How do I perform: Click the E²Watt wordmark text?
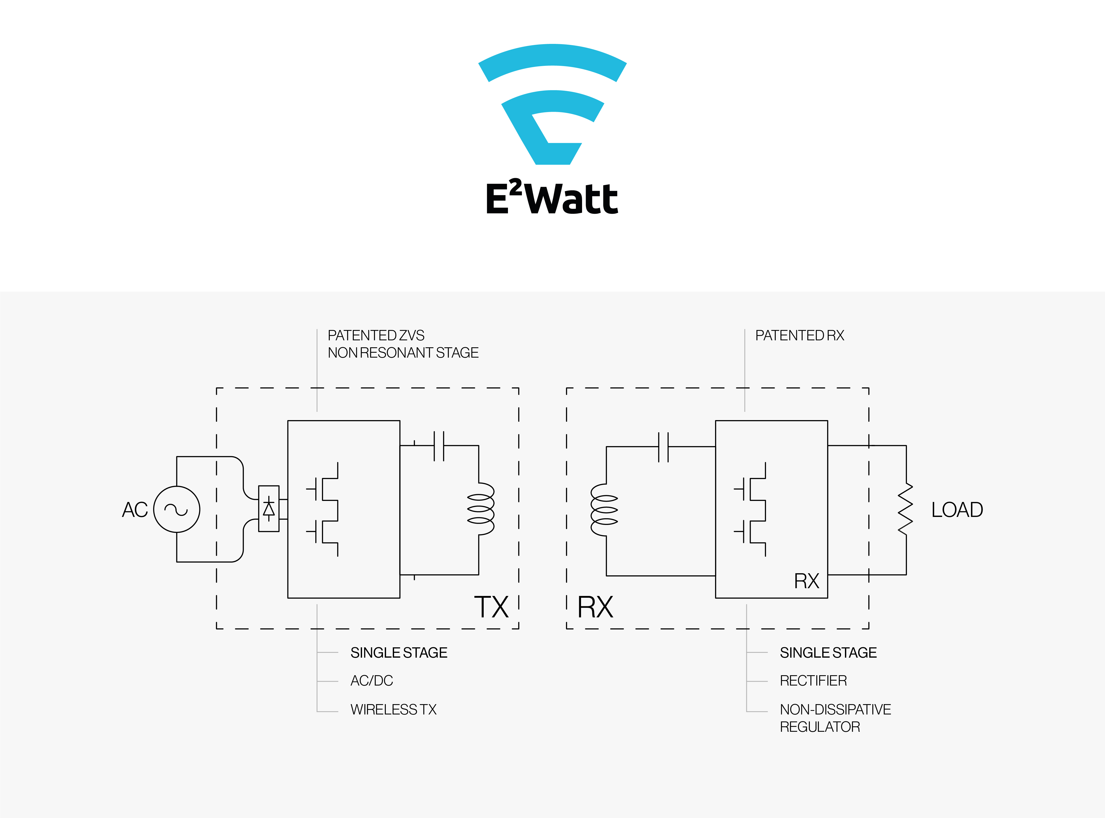[x=552, y=199]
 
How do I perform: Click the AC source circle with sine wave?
[x=177, y=509]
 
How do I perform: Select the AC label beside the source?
[x=135, y=509]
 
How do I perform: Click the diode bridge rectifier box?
[x=269, y=508]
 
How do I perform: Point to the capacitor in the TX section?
[x=439, y=446]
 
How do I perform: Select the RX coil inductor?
[x=604, y=510]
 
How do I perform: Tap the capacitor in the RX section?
[x=663, y=447]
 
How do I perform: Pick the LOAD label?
[x=957, y=509]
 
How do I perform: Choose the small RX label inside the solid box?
[x=806, y=581]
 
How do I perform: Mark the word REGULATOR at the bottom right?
[x=820, y=727]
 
